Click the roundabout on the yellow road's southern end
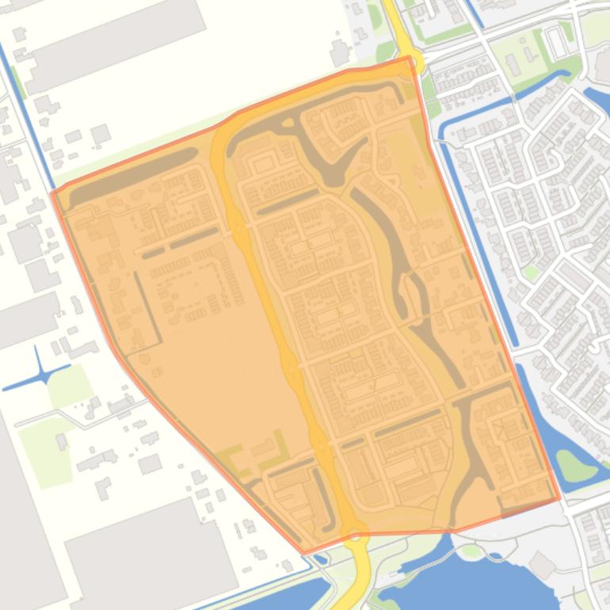point(356,534)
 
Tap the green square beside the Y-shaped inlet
point(71,386)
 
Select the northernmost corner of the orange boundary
point(410,57)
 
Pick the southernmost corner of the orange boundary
point(303,552)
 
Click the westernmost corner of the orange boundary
point(52,193)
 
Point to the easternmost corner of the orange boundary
point(559,499)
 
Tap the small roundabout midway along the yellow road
point(291,365)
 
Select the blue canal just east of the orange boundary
point(475,238)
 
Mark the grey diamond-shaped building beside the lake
point(543,565)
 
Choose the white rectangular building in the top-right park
point(558,44)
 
